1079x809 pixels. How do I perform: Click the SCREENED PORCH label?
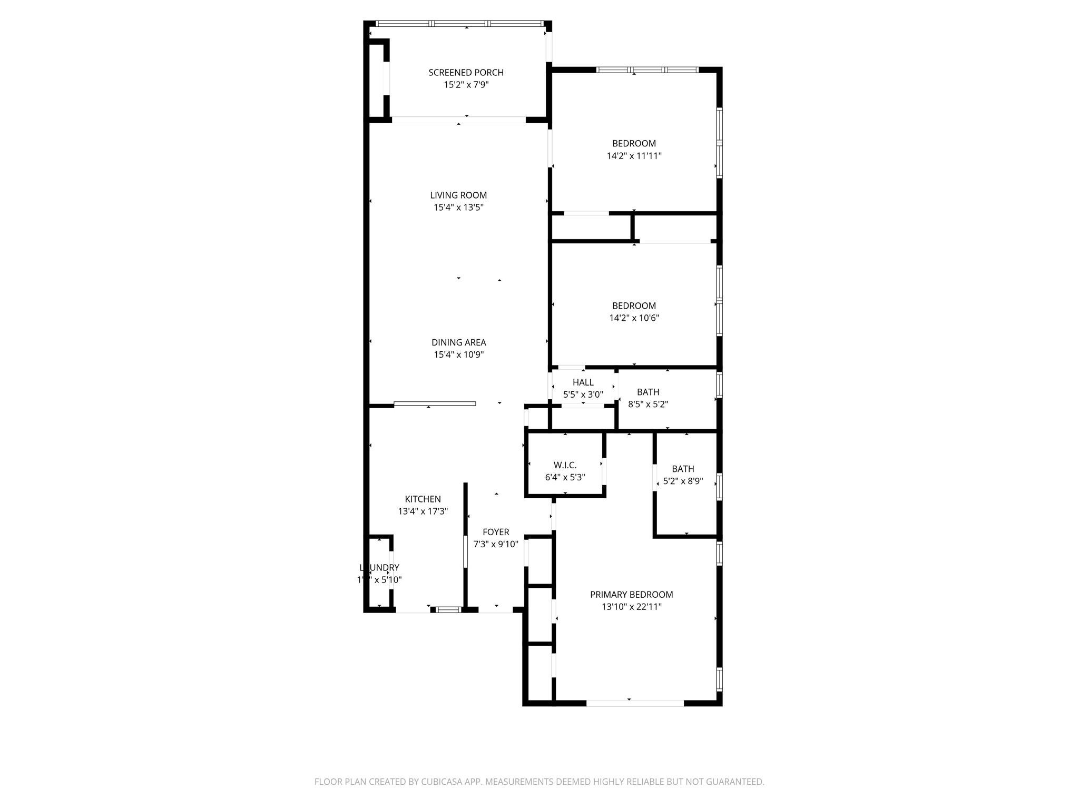point(466,73)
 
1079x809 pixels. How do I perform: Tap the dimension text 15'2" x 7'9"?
point(466,85)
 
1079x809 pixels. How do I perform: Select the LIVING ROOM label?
point(458,195)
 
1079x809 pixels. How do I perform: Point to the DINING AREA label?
point(458,342)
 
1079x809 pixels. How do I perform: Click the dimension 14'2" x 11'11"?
point(634,156)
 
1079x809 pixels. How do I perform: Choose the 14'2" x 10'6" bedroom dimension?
point(634,318)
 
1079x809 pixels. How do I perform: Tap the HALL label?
point(583,382)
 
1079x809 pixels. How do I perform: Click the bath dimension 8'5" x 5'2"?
point(648,404)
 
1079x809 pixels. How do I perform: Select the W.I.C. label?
point(565,465)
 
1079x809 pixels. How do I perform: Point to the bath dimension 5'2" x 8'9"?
point(683,481)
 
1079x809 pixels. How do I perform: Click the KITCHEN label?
point(423,499)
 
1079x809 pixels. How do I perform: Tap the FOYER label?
point(496,532)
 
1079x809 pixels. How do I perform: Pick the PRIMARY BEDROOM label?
point(631,595)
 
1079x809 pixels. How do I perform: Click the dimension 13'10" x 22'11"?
point(631,607)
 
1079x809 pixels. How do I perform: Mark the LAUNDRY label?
point(379,568)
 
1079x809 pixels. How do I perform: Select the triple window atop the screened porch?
point(459,24)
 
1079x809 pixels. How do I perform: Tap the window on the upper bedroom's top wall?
point(648,70)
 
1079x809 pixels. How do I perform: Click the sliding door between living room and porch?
point(458,120)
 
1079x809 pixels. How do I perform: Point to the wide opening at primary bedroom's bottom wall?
point(635,703)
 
